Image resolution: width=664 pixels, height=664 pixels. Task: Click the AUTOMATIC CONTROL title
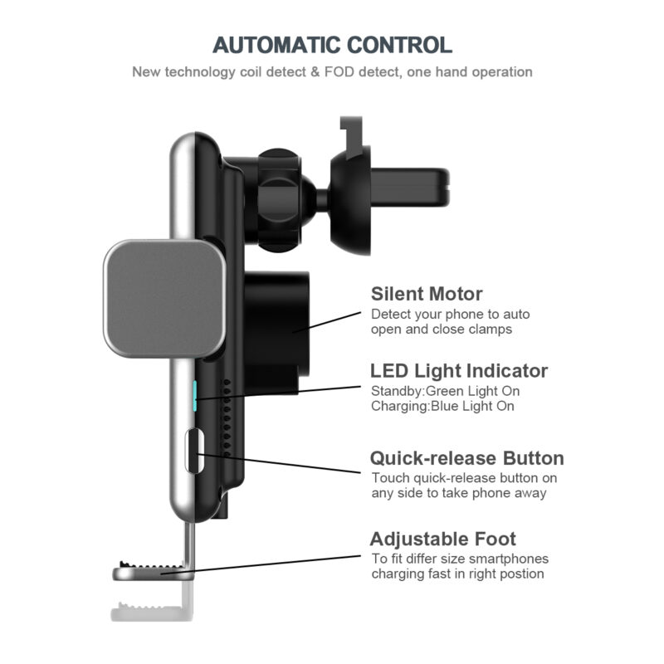(x=333, y=45)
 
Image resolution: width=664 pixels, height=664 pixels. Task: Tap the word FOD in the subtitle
(x=339, y=72)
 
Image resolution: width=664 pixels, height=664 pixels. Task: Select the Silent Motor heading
(x=427, y=294)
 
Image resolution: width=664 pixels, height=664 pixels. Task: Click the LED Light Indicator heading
(x=459, y=370)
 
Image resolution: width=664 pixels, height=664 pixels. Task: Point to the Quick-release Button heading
(x=467, y=458)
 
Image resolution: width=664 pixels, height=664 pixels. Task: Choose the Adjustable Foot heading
(x=443, y=539)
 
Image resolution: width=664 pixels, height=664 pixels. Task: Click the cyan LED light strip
(x=195, y=396)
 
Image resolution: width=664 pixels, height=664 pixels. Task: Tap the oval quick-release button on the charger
(x=194, y=451)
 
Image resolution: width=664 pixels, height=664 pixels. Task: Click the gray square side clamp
(x=164, y=299)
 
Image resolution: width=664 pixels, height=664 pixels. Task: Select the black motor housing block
(x=276, y=333)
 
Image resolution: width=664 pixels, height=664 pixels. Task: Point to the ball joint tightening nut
(x=279, y=200)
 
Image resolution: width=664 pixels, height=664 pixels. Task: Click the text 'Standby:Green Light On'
(x=445, y=391)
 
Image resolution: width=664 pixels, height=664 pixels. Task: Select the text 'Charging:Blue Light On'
(x=442, y=406)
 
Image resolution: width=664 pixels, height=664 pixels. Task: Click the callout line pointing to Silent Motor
(x=326, y=322)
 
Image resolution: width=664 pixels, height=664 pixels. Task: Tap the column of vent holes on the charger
(x=227, y=417)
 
